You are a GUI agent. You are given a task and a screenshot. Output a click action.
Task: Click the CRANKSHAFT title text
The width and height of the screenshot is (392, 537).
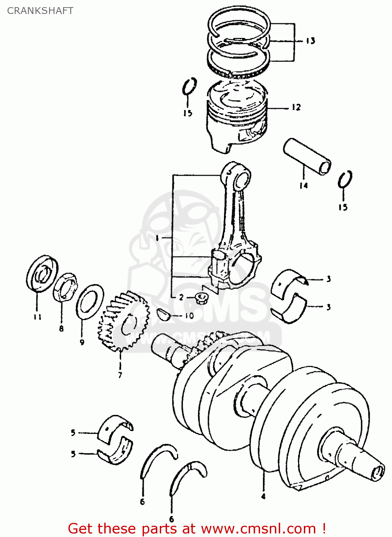tap(40, 11)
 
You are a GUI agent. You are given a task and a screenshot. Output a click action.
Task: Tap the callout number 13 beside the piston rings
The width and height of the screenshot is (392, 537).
tap(310, 41)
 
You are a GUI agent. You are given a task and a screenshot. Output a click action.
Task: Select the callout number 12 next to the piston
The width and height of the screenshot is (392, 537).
tap(296, 107)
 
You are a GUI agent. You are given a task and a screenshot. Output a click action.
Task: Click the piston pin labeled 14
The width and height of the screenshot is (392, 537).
tap(307, 156)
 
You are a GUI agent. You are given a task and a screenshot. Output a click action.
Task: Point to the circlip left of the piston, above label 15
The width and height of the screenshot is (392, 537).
tap(189, 87)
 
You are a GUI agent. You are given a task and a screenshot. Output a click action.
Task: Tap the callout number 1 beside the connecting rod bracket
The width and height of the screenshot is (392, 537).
tap(157, 238)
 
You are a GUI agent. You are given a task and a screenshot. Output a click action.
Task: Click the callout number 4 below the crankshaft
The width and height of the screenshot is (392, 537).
tap(263, 496)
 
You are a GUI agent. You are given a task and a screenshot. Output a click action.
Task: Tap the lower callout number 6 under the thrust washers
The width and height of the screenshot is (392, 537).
tap(171, 519)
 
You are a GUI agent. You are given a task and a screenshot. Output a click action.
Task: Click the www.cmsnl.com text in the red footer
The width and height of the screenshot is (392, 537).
tap(258, 528)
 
